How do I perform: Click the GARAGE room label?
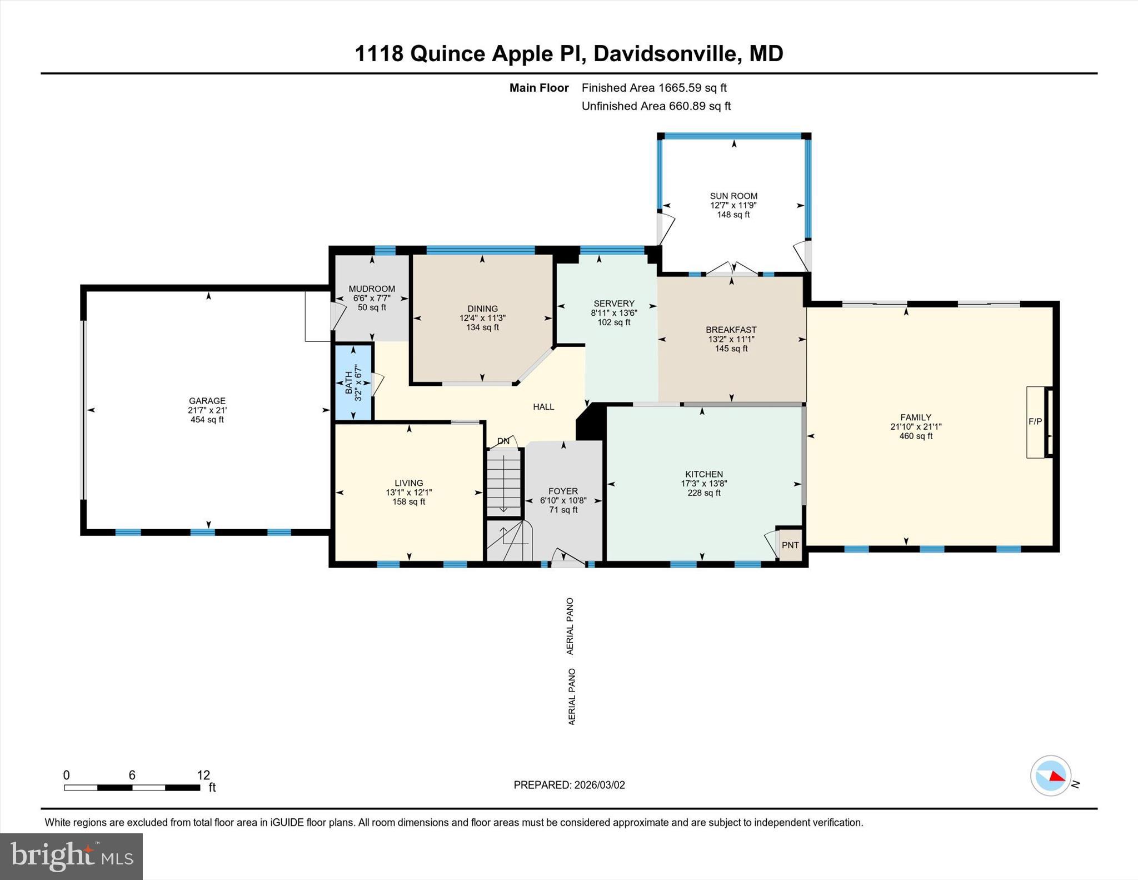pos(207,401)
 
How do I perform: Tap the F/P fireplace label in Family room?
pos(1035,422)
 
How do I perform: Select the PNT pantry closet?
pos(790,545)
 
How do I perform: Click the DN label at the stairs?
pos(503,441)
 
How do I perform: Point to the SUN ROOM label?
pos(733,196)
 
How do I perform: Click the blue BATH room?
pos(353,383)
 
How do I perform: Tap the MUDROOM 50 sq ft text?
pos(371,307)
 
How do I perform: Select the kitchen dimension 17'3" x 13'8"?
pos(703,484)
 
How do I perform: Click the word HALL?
pos(543,407)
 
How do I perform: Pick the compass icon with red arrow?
pos(1050,775)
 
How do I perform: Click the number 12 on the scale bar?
pos(203,775)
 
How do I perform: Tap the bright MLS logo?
pos(71,856)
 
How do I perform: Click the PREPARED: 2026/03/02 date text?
pos(569,785)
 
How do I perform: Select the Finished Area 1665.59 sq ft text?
pos(653,88)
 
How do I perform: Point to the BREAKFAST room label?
pos(731,330)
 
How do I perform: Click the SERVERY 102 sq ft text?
pos(613,322)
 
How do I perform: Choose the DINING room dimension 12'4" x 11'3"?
pos(482,318)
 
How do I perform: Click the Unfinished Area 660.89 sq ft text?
pos(656,106)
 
